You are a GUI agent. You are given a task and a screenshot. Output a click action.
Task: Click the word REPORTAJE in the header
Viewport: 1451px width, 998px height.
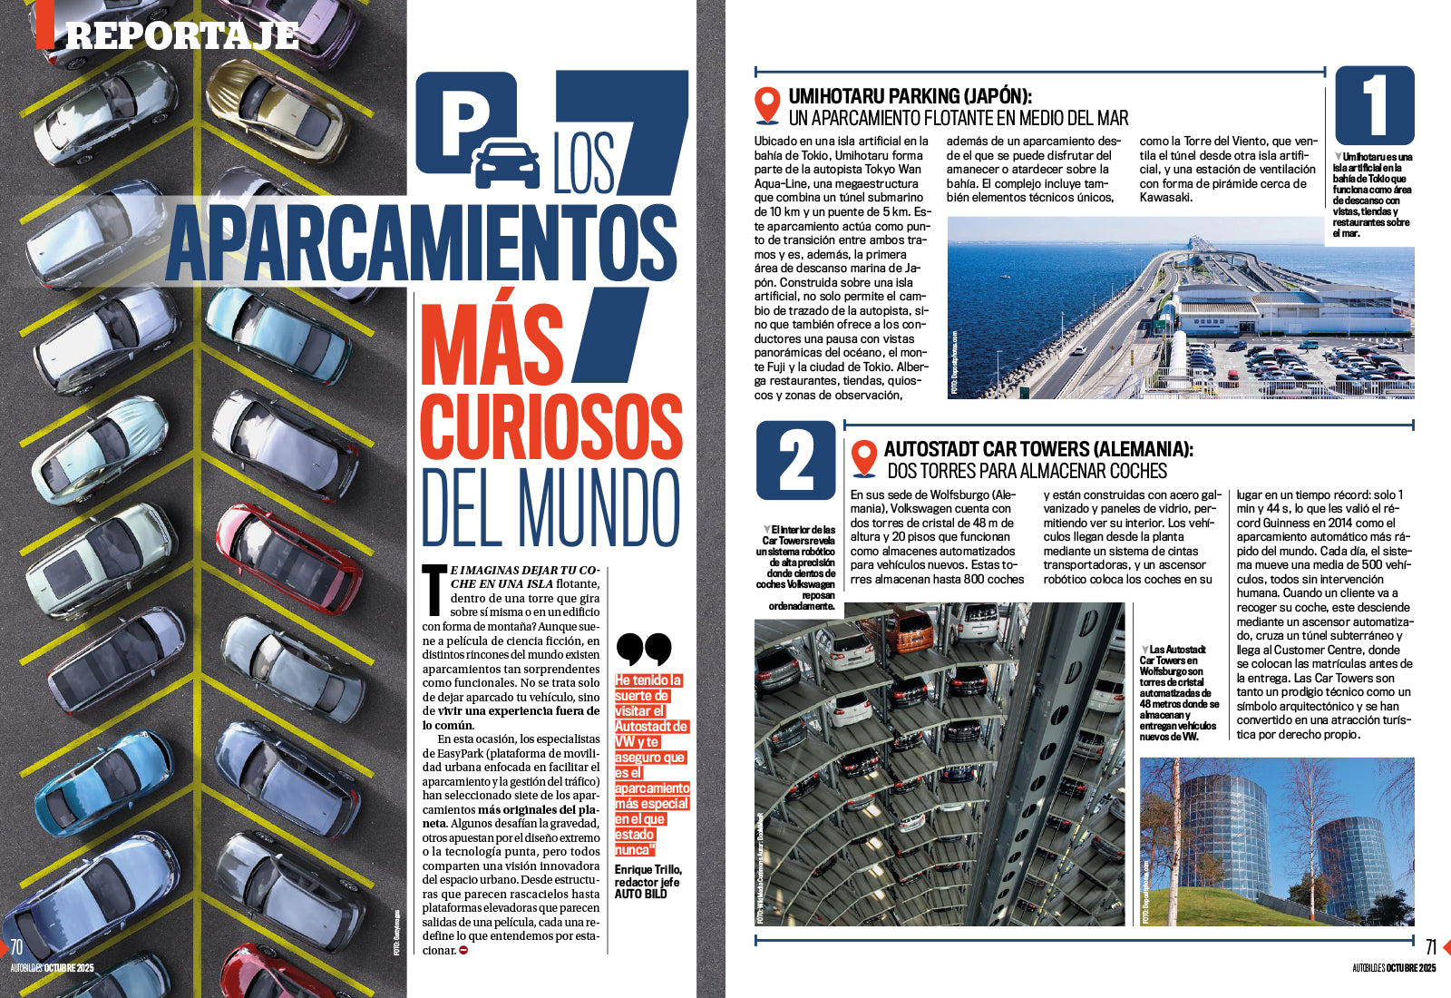[x=181, y=34]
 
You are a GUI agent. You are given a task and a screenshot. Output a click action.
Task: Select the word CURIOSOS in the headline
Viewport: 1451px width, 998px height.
[x=550, y=426]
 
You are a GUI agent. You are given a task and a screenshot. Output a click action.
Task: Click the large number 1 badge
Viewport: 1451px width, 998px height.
[x=1375, y=105]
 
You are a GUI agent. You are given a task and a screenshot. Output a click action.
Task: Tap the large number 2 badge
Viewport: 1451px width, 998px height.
[x=795, y=459]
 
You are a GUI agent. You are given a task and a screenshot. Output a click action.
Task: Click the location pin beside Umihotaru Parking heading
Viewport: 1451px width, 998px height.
[x=767, y=105]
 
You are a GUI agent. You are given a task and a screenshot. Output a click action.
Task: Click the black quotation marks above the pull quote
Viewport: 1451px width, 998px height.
[x=643, y=650]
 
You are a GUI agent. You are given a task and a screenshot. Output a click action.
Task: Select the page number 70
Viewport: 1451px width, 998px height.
[x=16, y=947]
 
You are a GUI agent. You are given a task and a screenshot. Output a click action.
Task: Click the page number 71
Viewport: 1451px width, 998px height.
[x=1430, y=947]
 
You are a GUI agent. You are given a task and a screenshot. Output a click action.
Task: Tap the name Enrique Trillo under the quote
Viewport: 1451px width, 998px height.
[x=648, y=870]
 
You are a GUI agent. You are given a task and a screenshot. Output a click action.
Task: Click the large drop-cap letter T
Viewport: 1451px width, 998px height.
[x=434, y=588]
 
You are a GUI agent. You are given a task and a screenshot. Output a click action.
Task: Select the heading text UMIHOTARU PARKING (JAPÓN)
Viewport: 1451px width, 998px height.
[x=910, y=96]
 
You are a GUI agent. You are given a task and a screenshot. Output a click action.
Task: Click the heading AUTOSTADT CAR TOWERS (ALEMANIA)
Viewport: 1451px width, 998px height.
[x=1038, y=449]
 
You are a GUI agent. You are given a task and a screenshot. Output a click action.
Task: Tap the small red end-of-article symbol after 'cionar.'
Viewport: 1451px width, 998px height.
[x=463, y=950]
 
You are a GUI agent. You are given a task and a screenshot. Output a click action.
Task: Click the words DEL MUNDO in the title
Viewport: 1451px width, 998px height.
[x=550, y=508]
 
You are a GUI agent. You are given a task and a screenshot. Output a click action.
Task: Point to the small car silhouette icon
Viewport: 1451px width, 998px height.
[x=507, y=163]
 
